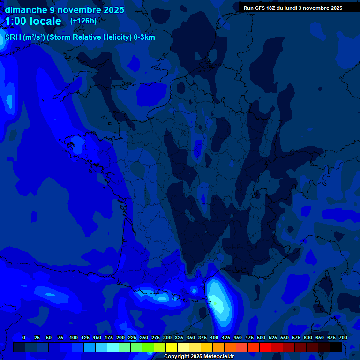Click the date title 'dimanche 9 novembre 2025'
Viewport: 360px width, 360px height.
65,10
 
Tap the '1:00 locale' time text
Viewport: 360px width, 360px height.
33,21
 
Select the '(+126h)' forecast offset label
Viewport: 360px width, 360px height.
83,21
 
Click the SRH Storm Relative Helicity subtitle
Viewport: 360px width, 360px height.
80,37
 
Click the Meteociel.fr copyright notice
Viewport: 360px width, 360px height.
199,357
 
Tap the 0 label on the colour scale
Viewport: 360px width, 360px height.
24,337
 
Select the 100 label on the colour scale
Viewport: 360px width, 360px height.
73,337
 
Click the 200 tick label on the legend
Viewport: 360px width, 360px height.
120,337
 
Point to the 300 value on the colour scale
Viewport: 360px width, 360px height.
167,337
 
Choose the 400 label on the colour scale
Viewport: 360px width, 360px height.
214,337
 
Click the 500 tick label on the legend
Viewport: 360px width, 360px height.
261,337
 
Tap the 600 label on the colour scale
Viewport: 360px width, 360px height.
308,337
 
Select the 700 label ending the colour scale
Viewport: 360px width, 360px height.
343,337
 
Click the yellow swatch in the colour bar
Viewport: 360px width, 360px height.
172,347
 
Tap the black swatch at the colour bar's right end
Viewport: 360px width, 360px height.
336,347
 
